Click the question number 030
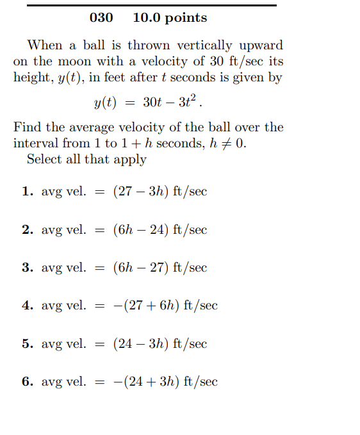point(101,18)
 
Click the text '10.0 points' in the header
point(170,18)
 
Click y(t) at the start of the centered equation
point(105,103)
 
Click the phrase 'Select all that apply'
point(86,159)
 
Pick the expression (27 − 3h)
point(141,192)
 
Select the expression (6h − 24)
point(141,229)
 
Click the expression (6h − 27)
point(141,268)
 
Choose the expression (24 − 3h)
point(141,344)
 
